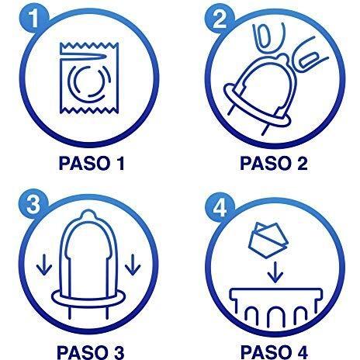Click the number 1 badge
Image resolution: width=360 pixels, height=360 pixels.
[x=33, y=18]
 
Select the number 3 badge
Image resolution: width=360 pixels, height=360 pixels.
[x=33, y=204]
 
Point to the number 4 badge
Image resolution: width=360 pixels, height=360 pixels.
[x=220, y=207]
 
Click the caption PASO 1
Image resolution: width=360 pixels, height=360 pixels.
[x=92, y=164]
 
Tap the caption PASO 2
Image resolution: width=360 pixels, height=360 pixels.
[x=274, y=164]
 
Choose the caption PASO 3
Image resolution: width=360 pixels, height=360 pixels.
[x=91, y=352]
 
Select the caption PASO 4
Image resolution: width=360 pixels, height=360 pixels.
[x=274, y=352]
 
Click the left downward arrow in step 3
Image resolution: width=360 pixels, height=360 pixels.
[x=44, y=265]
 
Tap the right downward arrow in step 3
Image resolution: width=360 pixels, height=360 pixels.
[x=133, y=265]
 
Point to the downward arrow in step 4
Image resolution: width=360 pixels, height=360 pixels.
[x=275, y=272]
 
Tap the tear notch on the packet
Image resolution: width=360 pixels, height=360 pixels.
[x=83, y=56]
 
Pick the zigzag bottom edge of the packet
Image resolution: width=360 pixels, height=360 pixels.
[x=89, y=111]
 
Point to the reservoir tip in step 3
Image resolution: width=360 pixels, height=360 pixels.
[x=88, y=214]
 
